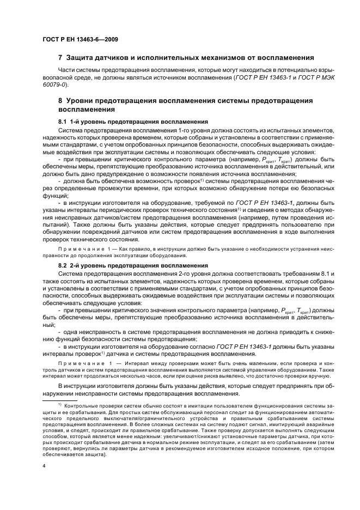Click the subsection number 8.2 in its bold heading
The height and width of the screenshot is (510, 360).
(63, 265)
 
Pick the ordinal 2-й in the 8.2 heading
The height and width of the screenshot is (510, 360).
(75, 265)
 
